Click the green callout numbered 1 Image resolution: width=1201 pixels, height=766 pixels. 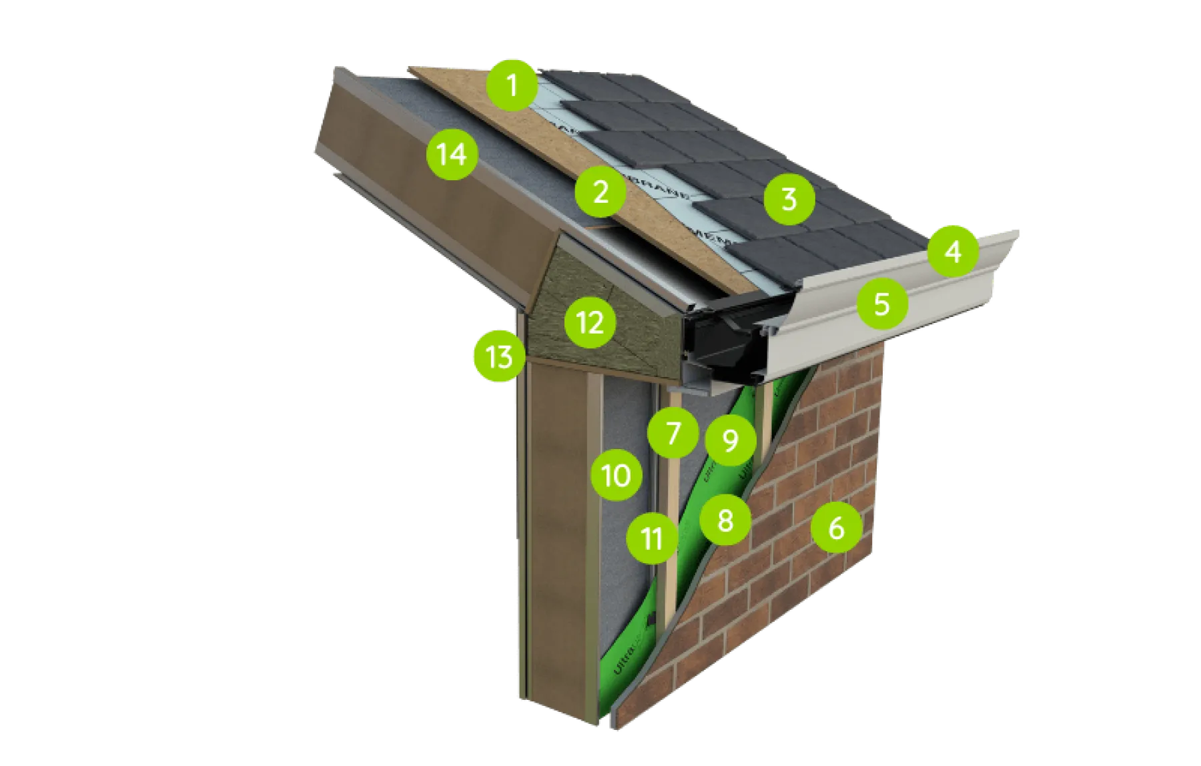512,85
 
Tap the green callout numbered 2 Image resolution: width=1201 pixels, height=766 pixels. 600,192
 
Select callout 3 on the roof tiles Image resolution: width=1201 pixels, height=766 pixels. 789,198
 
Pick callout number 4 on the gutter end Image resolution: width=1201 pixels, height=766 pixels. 953,252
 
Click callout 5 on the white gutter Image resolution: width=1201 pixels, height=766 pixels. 882,304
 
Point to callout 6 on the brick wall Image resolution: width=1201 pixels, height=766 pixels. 836,528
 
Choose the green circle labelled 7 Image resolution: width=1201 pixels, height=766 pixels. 673,433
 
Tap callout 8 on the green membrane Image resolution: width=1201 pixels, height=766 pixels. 725,519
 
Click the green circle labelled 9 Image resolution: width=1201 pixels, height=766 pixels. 730,440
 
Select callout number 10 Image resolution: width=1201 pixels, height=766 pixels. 617,476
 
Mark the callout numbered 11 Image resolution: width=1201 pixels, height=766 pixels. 652,538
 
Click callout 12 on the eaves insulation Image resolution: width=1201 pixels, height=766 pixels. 590,322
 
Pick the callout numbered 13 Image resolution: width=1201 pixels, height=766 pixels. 498,357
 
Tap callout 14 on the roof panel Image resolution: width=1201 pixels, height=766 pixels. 452,154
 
